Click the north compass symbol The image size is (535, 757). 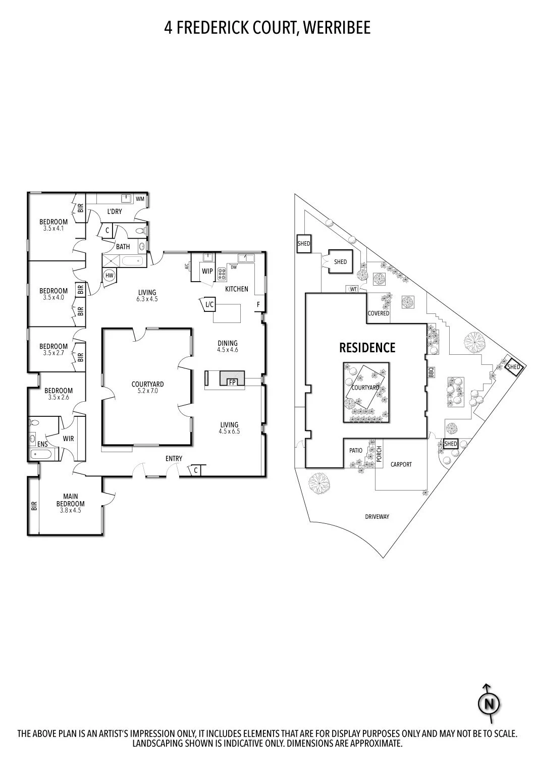click(x=489, y=703)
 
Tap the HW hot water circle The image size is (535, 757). click(x=110, y=276)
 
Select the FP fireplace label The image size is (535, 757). click(x=232, y=383)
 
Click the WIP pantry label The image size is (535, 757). click(x=207, y=271)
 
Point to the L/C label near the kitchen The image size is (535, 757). click(x=209, y=304)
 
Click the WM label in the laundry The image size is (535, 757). click(x=140, y=199)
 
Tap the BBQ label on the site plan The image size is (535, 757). click(x=431, y=373)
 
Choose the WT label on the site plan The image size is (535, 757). click(x=353, y=289)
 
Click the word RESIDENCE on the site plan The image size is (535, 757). click(x=367, y=348)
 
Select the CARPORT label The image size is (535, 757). click(x=401, y=464)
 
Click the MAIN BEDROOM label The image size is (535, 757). click(x=70, y=500)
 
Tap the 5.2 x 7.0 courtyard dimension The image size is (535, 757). click(x=147, y=391)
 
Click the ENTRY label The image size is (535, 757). click(x=174, y=459)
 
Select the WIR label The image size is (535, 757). click(x=68, y=439)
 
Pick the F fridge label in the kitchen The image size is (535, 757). click(x=258, y=304)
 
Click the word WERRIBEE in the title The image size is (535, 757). click(x=337, y=28)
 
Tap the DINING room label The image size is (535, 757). click(x=228, y=343)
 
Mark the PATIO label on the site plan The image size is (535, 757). click(x=356, y=451)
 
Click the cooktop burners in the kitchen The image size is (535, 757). click(x=222, y=274)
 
